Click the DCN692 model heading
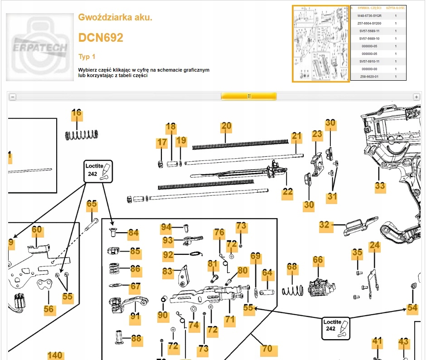tap(101, 38)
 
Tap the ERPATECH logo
tap(40, 47)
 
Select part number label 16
tap(77, 113)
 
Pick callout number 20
tap(226, 126)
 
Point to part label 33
tap(380, 186)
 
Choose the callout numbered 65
tap(92, 204)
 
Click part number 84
tap(133, 234)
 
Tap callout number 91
tap(135, 316)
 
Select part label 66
tap(318, 260)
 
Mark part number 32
tap(324, 225)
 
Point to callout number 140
tap(55, 355)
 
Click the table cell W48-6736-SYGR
tap(369, 16)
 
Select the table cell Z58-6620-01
tap(369, 77)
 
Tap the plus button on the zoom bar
tap(416, 97)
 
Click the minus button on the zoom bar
tap(13, 97)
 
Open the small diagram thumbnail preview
tap(321, 44)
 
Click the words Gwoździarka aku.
tap(115, 18)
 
